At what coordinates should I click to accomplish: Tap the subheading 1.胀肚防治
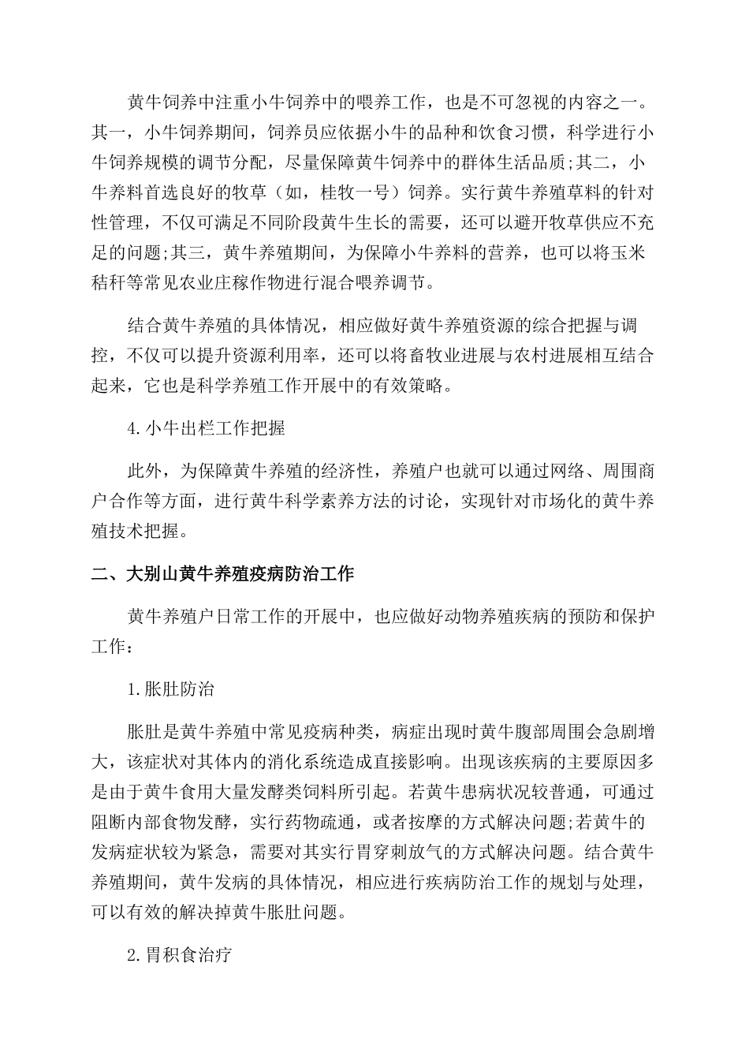tap(171, 689)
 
